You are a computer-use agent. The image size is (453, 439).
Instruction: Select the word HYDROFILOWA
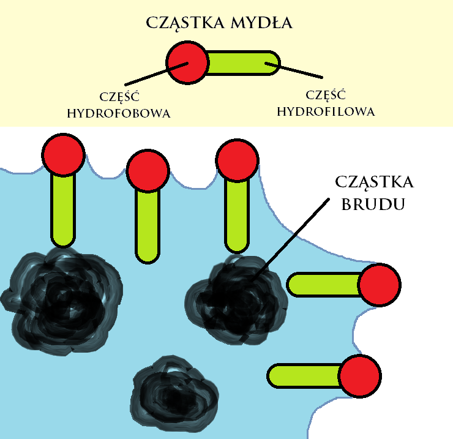[x=325, y=112]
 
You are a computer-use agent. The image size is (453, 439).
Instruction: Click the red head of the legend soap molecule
[x=188, y=62]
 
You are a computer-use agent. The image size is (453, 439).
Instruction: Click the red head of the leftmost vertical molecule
[x=63, y=154]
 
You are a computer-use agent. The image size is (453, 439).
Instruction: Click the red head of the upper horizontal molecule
[x=379, y=285]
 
